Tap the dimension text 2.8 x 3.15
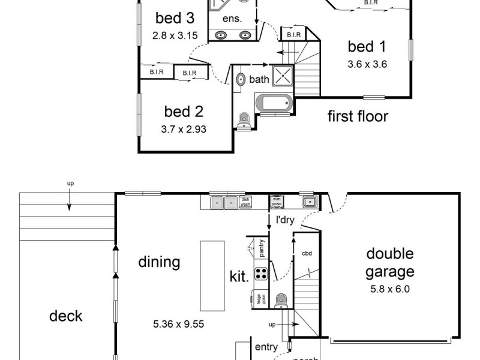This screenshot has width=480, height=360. (x=175, y=35)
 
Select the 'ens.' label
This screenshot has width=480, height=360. (x=232, y=19)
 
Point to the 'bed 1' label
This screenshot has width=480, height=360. (x=367, y=46)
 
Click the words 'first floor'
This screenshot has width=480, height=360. (x=358, y=116)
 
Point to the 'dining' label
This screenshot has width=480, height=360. (x=159, y=262)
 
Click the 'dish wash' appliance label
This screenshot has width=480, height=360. (x=245, y=203)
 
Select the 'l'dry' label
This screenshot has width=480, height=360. (x=284, y=220)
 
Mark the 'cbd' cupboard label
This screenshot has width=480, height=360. (x=307, y=253)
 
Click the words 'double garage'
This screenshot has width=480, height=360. (x=391, y=262)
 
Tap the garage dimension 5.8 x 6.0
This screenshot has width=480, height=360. (x=391, y=289)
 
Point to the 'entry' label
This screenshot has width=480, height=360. (x=266, y=347)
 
